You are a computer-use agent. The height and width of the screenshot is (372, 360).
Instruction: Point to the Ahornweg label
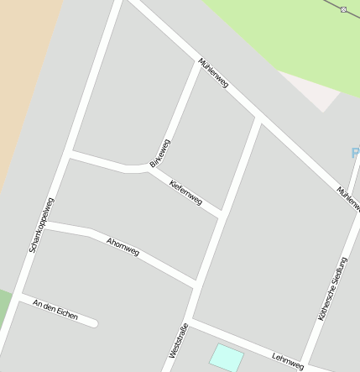tap(123, 247)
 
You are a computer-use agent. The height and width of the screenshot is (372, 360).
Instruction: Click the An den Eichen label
tap(55, 310)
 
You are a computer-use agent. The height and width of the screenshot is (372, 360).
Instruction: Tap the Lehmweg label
tap(288, 359)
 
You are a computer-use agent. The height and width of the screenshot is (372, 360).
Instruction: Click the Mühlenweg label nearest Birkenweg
tap(213, 73)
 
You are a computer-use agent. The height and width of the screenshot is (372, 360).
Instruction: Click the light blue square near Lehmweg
tap(226, 357)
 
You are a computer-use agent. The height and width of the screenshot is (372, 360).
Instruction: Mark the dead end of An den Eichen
tap(94, 323)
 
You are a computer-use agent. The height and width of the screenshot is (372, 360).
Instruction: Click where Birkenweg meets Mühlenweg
tap(200, 64)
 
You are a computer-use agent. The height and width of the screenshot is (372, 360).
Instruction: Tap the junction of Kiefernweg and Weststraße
tap(222, 216)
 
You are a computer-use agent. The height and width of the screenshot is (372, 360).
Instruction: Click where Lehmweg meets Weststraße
tap(188, 321)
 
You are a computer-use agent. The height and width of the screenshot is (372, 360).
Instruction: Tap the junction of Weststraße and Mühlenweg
tap(258, 120)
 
